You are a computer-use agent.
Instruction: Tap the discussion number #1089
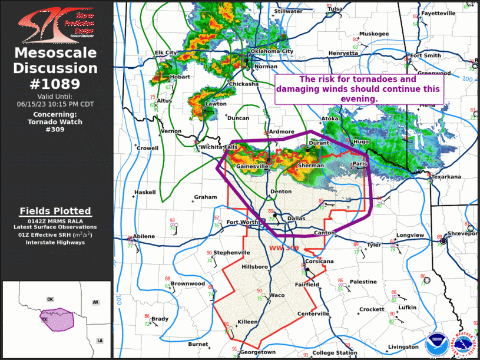coord(56,84)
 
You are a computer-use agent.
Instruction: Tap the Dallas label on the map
coord(297,219)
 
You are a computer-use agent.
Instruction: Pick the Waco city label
coord(277,295)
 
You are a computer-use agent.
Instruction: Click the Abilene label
coord(144,236)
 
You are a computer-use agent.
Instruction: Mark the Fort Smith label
coord(425,55)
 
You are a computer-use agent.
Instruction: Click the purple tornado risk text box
coord(358,89)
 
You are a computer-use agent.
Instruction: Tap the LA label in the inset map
coord(100,341)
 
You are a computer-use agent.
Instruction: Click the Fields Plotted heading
coord(55,211)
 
